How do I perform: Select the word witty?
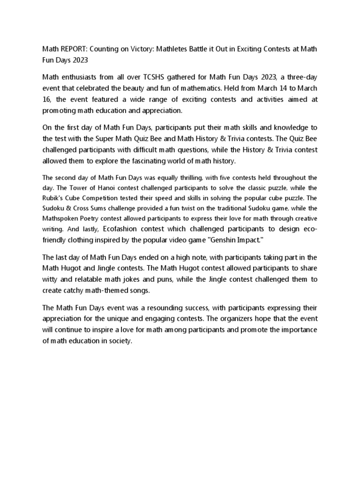51,279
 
